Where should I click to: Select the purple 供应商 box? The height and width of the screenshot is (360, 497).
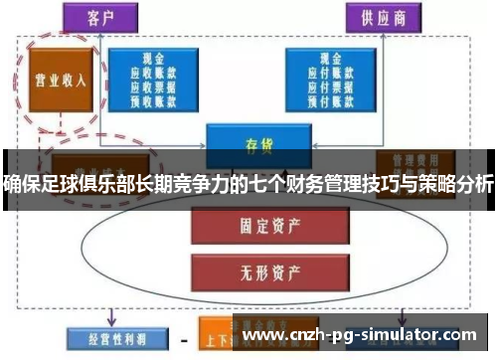(x=383, y=17)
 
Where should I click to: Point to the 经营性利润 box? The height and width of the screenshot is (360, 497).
(x=106, y=337)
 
